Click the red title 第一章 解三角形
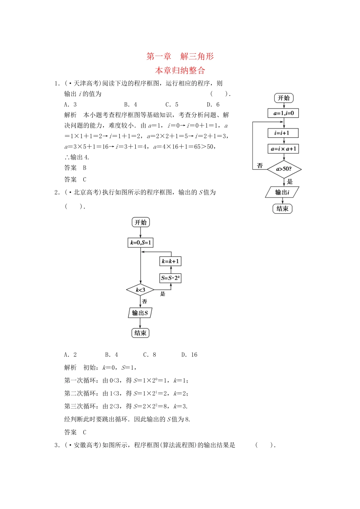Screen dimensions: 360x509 [x=180, y=56]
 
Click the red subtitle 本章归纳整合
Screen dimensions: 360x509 [x=180, y=70]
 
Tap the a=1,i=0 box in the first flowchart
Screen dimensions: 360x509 [x=283, y=113]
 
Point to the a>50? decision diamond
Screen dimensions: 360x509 [x=284, y=169]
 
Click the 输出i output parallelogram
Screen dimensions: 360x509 [x=282, y=192]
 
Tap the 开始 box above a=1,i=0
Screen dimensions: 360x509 [x=284, y=98]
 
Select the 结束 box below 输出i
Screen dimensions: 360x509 [x=282, y=209]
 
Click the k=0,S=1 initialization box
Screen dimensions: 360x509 [x=141, y=243]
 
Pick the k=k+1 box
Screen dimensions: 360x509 [x=170, y=261]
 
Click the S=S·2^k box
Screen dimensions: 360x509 [x=170, y=278]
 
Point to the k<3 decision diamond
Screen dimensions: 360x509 [x=141, y=290]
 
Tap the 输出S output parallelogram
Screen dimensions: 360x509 [x=140, y=313]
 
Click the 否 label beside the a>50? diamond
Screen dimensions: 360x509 [x=260, y=166]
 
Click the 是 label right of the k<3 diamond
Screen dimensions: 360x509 [x=163, y=294]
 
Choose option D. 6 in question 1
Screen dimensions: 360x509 [x=213, y=105]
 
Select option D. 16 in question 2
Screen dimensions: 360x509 [x=189, y=355]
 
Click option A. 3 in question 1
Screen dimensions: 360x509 [x=70, y=105]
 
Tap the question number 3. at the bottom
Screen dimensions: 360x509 [x=57, y=445]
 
